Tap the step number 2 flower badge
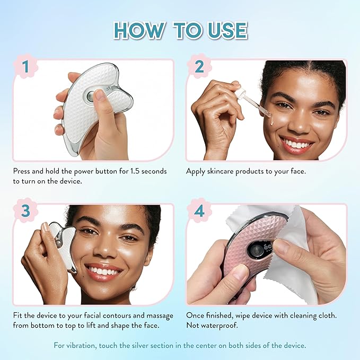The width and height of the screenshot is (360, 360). [199, 67]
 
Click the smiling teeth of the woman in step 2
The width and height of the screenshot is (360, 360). [297, 144]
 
